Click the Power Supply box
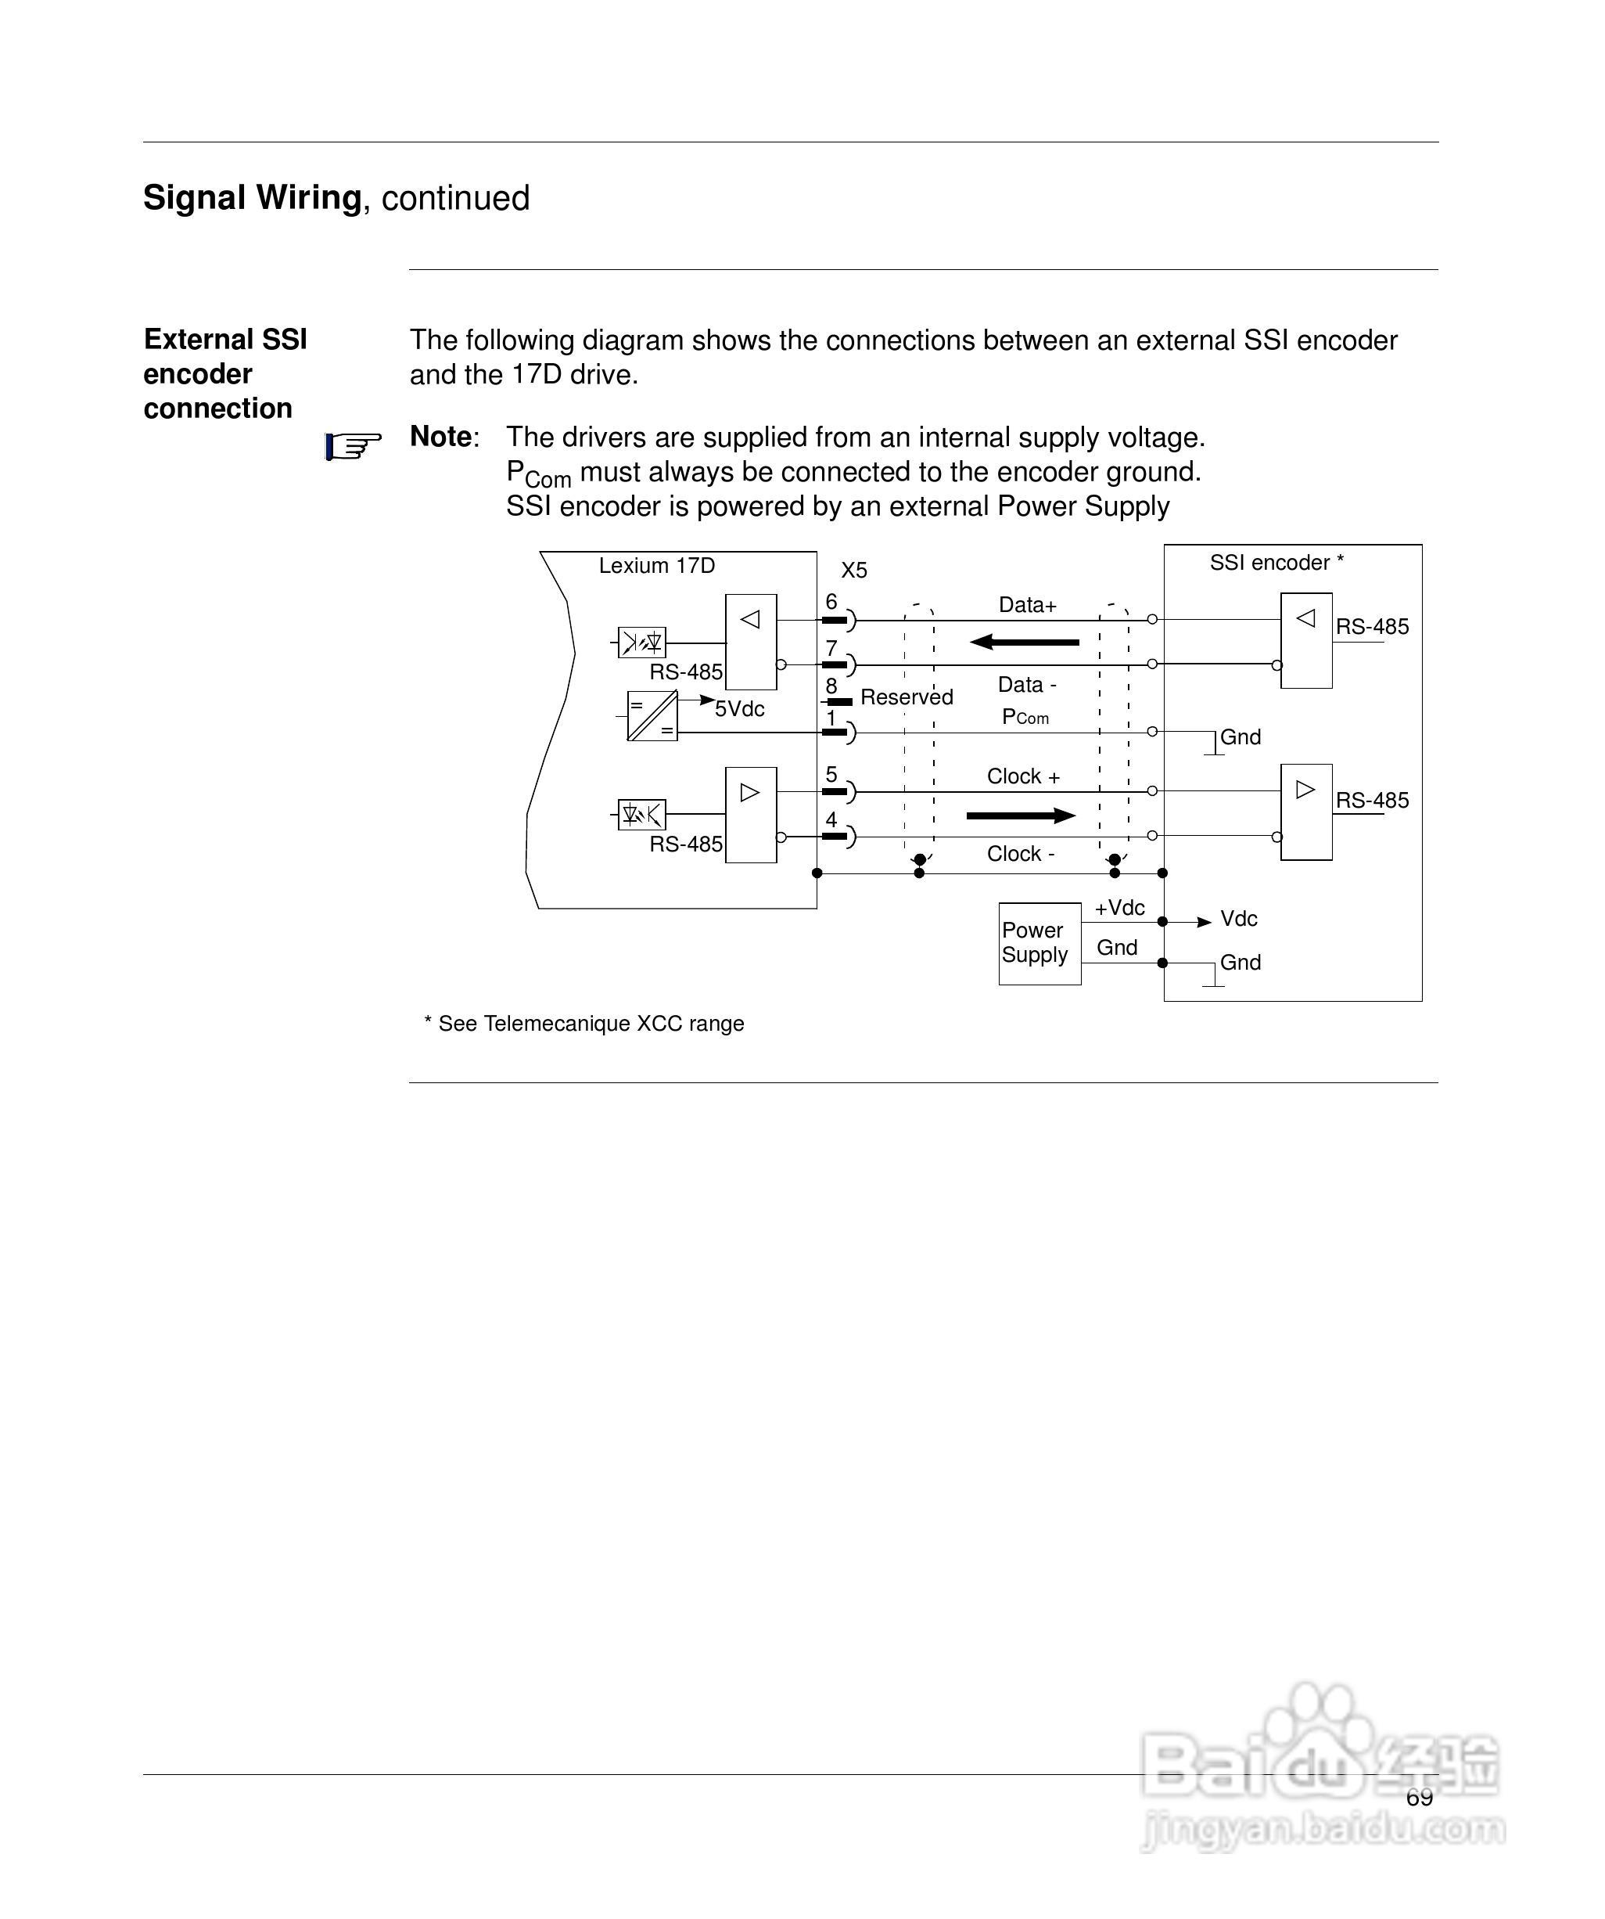(1039, 943)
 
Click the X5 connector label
(853, 571)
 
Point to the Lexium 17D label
(656, 566)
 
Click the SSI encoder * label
(1275, 563)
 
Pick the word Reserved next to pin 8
(907, 697)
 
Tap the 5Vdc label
(739, 709)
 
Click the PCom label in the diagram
(1025, 718)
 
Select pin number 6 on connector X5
(831, 601)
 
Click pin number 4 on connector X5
(831, 819)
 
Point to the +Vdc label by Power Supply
(1119, 907)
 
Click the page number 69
(1419, 1798)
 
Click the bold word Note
(440, 437)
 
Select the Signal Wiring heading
(252, 197)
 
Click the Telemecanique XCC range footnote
(583, 1024)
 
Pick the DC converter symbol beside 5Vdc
(652, 715)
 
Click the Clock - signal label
(1021, 854)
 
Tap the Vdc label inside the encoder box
(1238, 918)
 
